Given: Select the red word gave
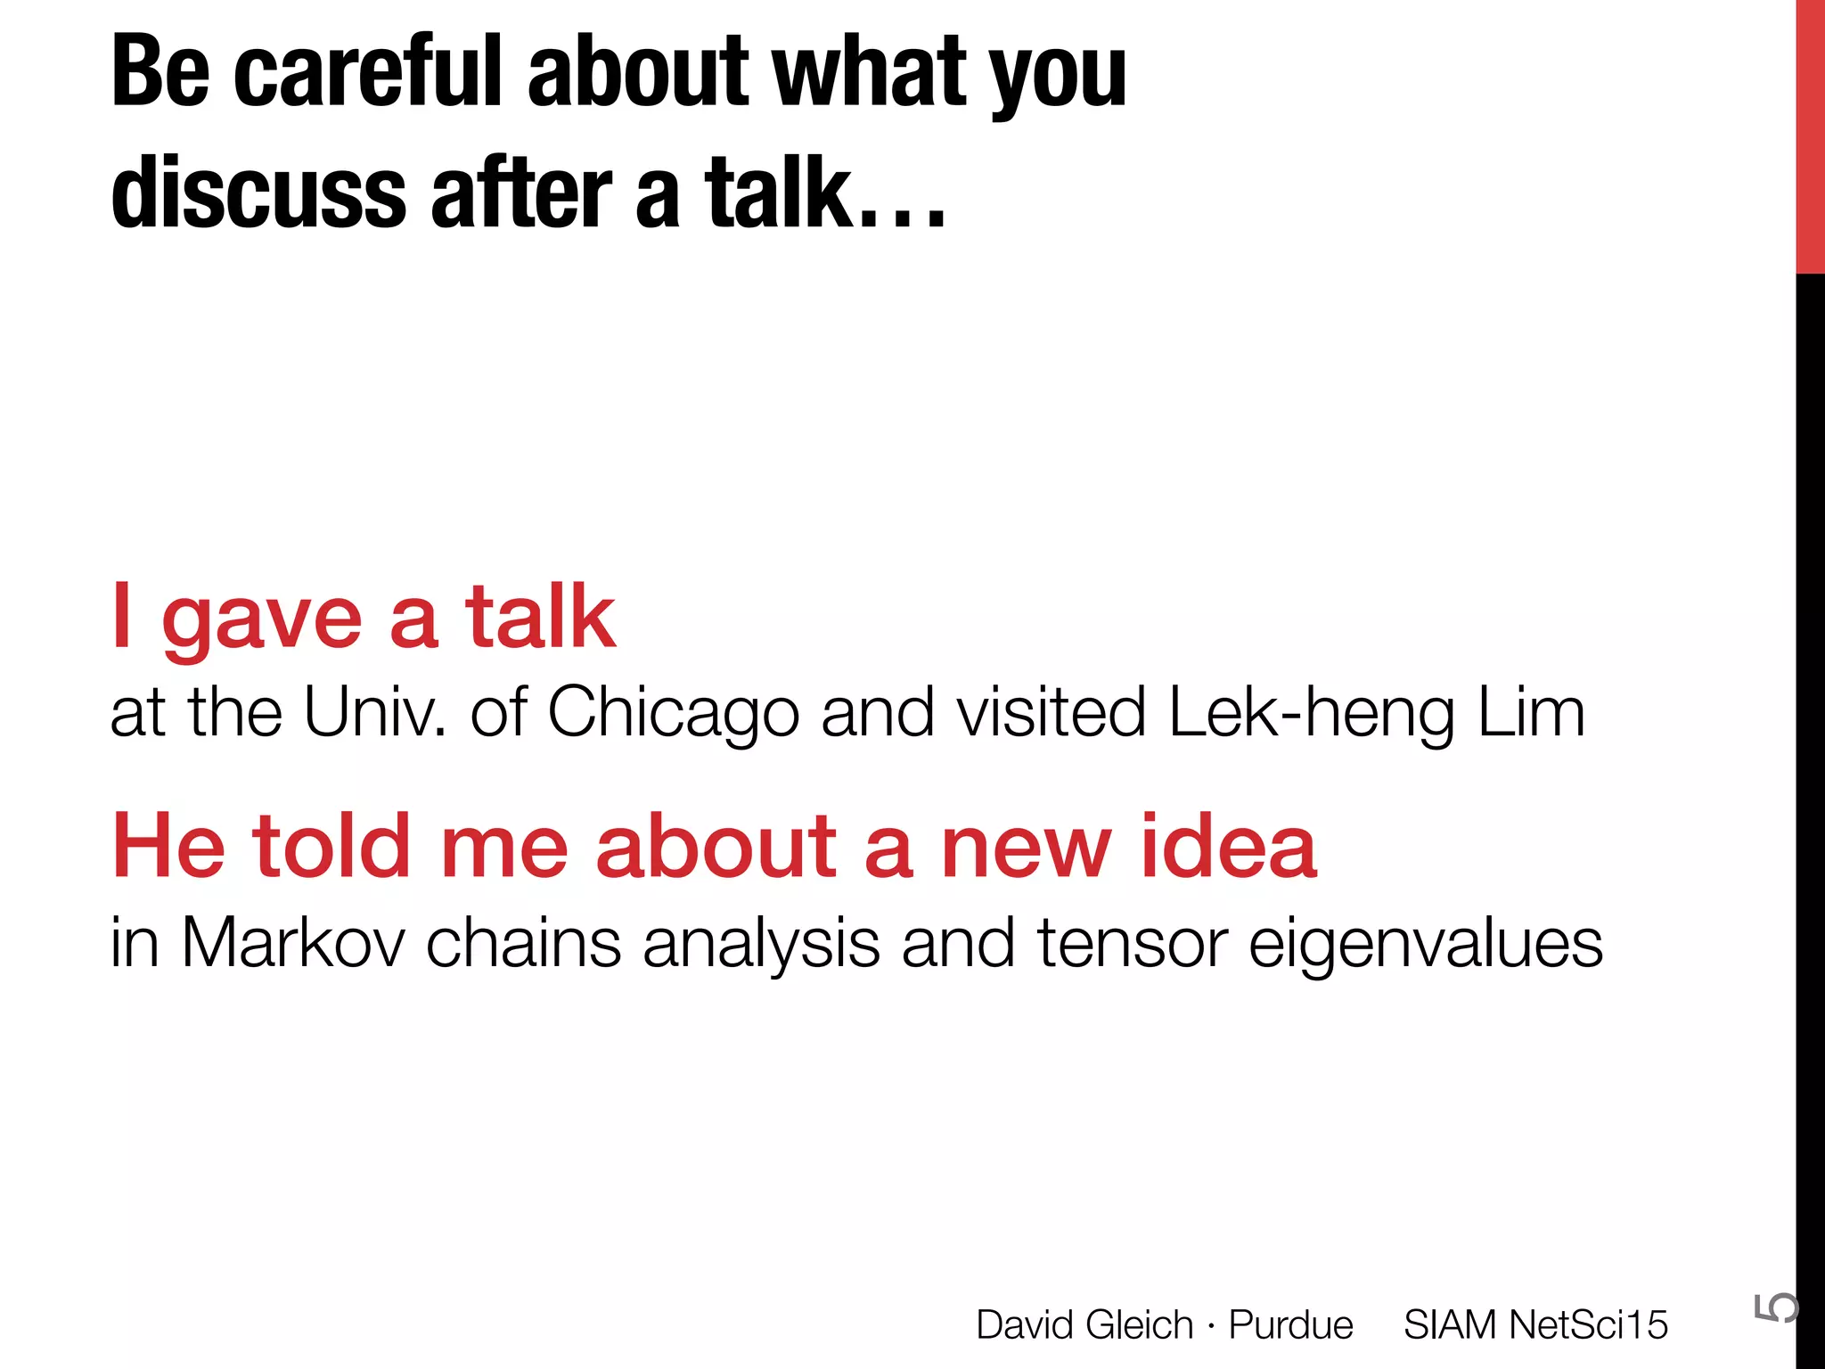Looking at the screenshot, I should (x=261, y=619).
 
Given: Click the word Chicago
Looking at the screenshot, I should (x=674, y=714).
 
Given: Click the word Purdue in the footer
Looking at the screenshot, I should (x=1290, y=1325).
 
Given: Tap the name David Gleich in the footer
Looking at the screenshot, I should (x=1084, y=1325).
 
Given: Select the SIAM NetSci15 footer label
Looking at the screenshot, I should (x=1534, y=1325).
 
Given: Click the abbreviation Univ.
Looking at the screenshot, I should (x=374, y=714).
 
